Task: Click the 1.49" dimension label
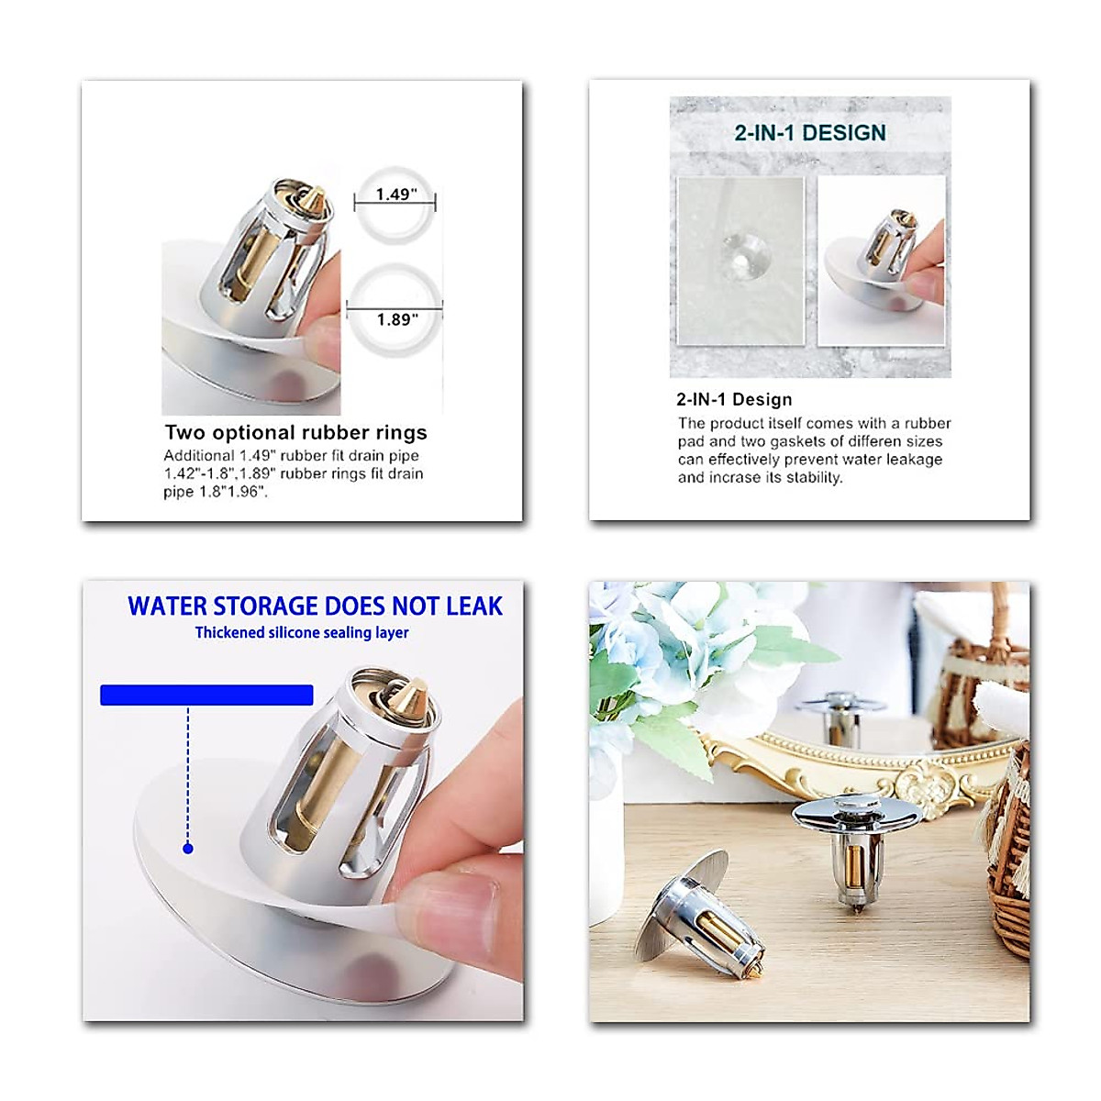click(x=396, y=195)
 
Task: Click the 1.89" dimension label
click(x=396, y=319)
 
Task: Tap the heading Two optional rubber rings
click(x=295, y=432)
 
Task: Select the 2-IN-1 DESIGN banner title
click(x=810, y=133)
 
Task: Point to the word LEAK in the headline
click(x=473, y=606)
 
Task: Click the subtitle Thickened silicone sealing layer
click(x=302, y=632)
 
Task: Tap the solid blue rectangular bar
click(x=206, y=695)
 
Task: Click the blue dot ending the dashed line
click(x=188, y=849)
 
